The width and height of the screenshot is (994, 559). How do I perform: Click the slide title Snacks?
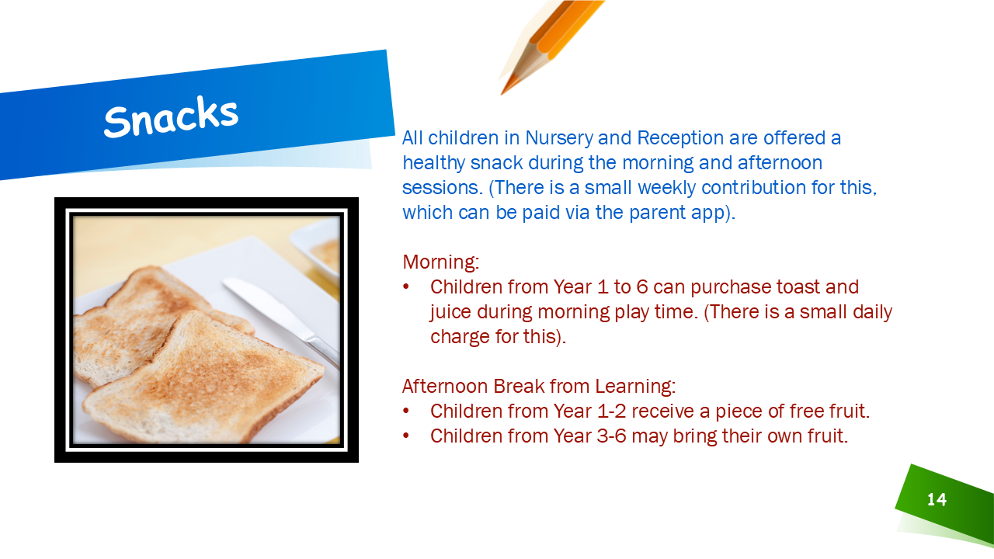171,116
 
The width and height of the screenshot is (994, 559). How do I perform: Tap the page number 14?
937,499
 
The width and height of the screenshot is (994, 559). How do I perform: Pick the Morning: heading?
440,262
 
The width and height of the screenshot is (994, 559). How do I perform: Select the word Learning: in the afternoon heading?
635,387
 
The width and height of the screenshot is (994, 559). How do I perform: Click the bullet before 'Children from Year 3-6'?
405,436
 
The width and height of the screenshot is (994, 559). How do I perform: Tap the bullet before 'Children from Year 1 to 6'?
405,287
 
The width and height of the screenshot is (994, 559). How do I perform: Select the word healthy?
433,163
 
